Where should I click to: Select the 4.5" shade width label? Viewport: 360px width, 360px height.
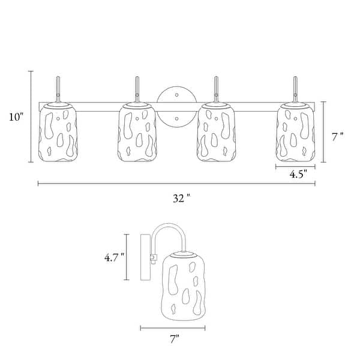[298, 175]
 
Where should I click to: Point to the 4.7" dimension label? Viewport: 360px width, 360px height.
[113, 257]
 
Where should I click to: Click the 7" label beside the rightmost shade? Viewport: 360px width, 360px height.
[338, 136]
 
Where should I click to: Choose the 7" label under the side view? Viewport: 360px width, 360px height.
[174, 340]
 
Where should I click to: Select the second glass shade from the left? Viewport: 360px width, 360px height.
[137, 133]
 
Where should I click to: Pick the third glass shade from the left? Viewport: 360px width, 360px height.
[216, 133]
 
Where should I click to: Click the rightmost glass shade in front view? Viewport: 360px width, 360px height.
[296, 133]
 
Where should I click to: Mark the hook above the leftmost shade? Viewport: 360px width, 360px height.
[58, 89]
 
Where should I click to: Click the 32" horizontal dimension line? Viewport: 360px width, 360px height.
[120, 184]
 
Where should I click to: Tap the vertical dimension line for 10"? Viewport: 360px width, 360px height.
[30, 116]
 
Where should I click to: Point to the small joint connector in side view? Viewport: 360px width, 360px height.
[154, 258]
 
